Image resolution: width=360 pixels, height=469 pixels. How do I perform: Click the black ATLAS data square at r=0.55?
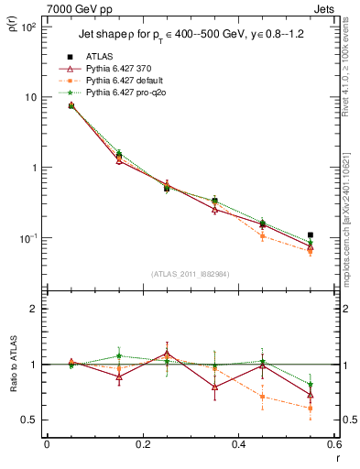(x=311, y=235)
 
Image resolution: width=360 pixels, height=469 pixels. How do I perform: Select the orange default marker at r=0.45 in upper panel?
(x=263, y=236)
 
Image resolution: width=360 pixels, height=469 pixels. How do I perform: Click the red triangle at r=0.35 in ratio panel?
(x=214, y=387)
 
